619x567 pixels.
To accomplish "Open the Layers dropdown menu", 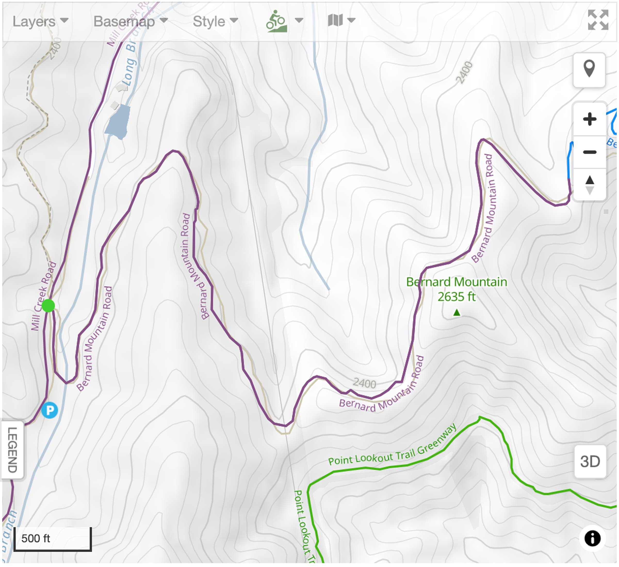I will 40,21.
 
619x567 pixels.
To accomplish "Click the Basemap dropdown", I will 130,21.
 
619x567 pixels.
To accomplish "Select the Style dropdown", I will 215,21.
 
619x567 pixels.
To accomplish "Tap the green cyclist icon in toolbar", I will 276,21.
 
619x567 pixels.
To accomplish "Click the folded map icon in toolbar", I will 335,20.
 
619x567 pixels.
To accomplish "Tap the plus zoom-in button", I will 590,119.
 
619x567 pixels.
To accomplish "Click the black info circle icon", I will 592,538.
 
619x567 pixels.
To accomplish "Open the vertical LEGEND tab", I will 12,450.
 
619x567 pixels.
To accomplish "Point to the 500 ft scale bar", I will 52,539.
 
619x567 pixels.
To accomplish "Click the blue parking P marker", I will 50,410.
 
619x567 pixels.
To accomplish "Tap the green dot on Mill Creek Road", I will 48,306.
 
